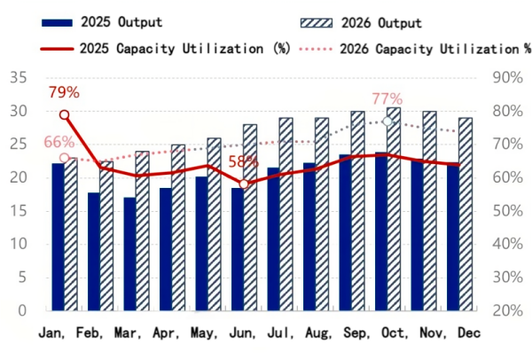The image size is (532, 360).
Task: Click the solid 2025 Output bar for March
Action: [x=129, y=254]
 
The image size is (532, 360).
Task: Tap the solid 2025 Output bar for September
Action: [x=345, y=232]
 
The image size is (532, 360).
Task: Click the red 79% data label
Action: [x=64, y=92]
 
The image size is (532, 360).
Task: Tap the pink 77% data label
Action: [x=387, y=98]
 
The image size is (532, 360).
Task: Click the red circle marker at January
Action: [x=64, y=115]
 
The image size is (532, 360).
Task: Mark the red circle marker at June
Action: [x=244, y=184]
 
